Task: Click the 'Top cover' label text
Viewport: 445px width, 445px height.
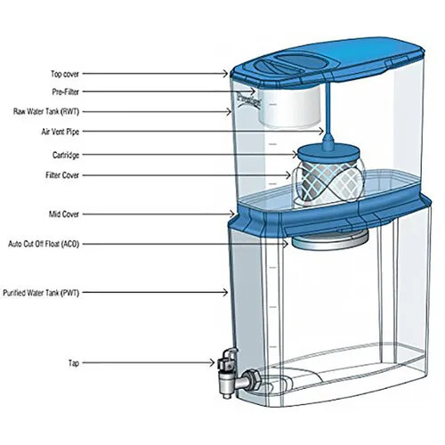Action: tap(65, 74)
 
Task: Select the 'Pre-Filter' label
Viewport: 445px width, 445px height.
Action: tap(66, 92)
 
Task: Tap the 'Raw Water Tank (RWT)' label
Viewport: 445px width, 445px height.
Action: tap(46, 112)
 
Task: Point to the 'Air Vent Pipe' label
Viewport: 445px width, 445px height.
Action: tap(61, 132)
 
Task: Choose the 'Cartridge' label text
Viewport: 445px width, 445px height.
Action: tap(66, 155)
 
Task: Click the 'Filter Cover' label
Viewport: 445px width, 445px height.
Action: tap(62, 175)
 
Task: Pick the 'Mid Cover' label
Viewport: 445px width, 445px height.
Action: tap(64, 214)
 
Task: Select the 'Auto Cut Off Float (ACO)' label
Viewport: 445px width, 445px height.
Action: tap(44, 244)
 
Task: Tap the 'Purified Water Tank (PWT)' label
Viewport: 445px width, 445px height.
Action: tap(41, 293)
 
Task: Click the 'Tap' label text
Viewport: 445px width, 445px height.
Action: tap(74, 363)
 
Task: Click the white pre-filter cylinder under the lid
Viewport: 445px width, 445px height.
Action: tap(289, 107)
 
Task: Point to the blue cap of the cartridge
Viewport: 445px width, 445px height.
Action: tap(328, 152)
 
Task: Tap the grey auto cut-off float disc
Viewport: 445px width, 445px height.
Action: tap(330, 240)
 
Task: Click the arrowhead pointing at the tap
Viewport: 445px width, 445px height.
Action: tap(212, 362)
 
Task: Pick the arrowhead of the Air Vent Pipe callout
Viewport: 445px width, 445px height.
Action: tap(321, 131)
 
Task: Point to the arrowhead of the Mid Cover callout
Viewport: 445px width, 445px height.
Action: tap(232, 214)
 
